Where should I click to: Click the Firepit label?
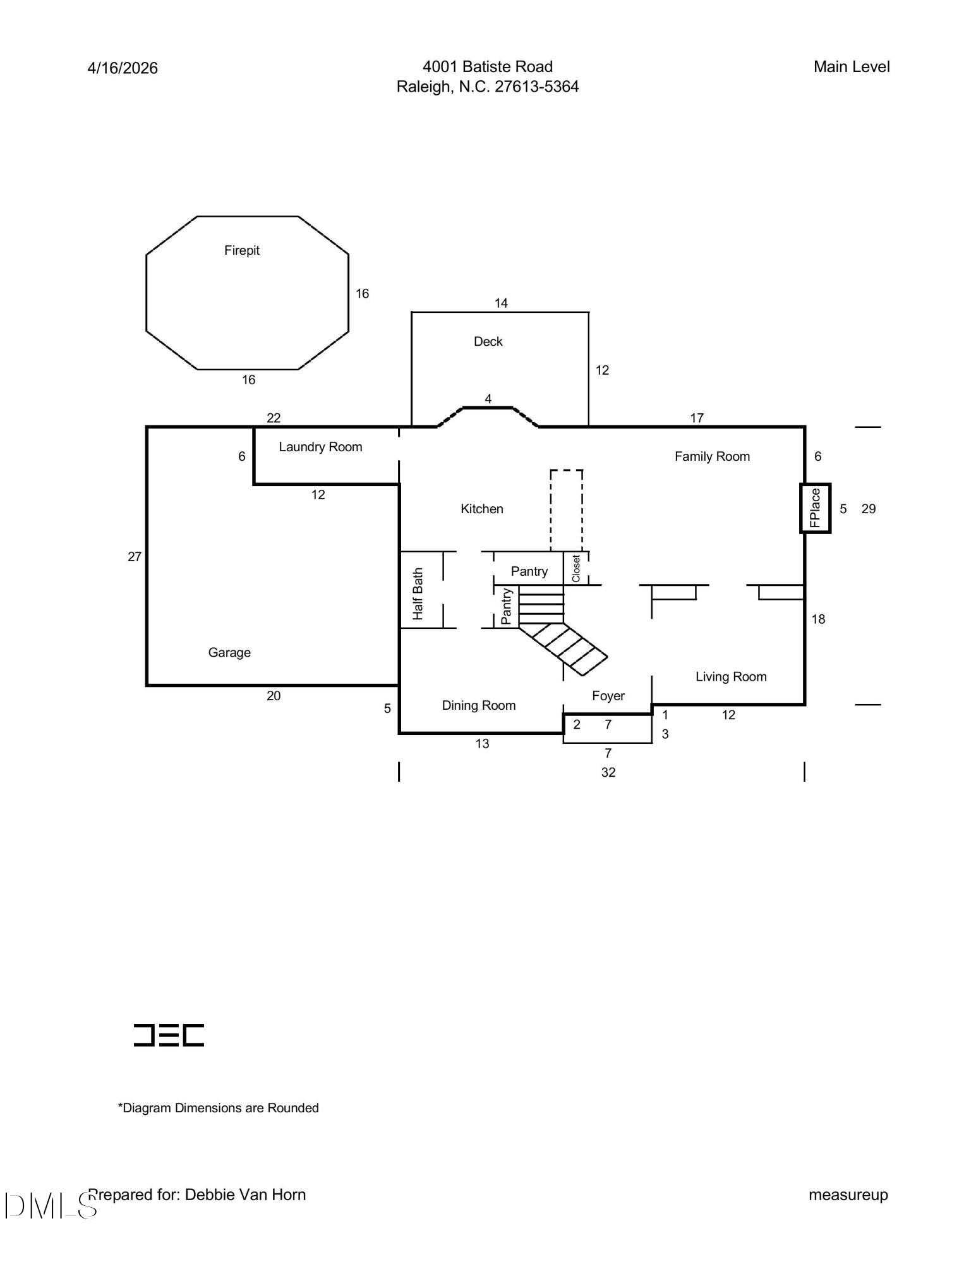pos(241,250)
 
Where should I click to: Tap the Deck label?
pos(488,341)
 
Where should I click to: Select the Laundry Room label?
pos(320,447)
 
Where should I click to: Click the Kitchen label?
pos(481,509)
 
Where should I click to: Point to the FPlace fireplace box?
pos(815,508)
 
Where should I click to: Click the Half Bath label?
pos(418,593)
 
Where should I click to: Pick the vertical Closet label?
pos(575,568)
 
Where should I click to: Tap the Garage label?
pos(229,652)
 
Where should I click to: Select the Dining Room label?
pos(478,705)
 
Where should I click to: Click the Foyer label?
pos(608,696)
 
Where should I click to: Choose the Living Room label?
pos(730,677)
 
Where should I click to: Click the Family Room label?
pos(711,456)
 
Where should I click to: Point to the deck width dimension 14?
pos(500,303)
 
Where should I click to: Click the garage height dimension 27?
pos(135,557)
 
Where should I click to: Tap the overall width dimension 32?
pos(608,772)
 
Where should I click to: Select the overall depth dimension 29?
pos(868,509)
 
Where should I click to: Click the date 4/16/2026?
pos(123,68)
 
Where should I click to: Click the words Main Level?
pos(851,67)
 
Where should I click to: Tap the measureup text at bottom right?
pos(848,1194)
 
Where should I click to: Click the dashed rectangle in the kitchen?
pos(566,511)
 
